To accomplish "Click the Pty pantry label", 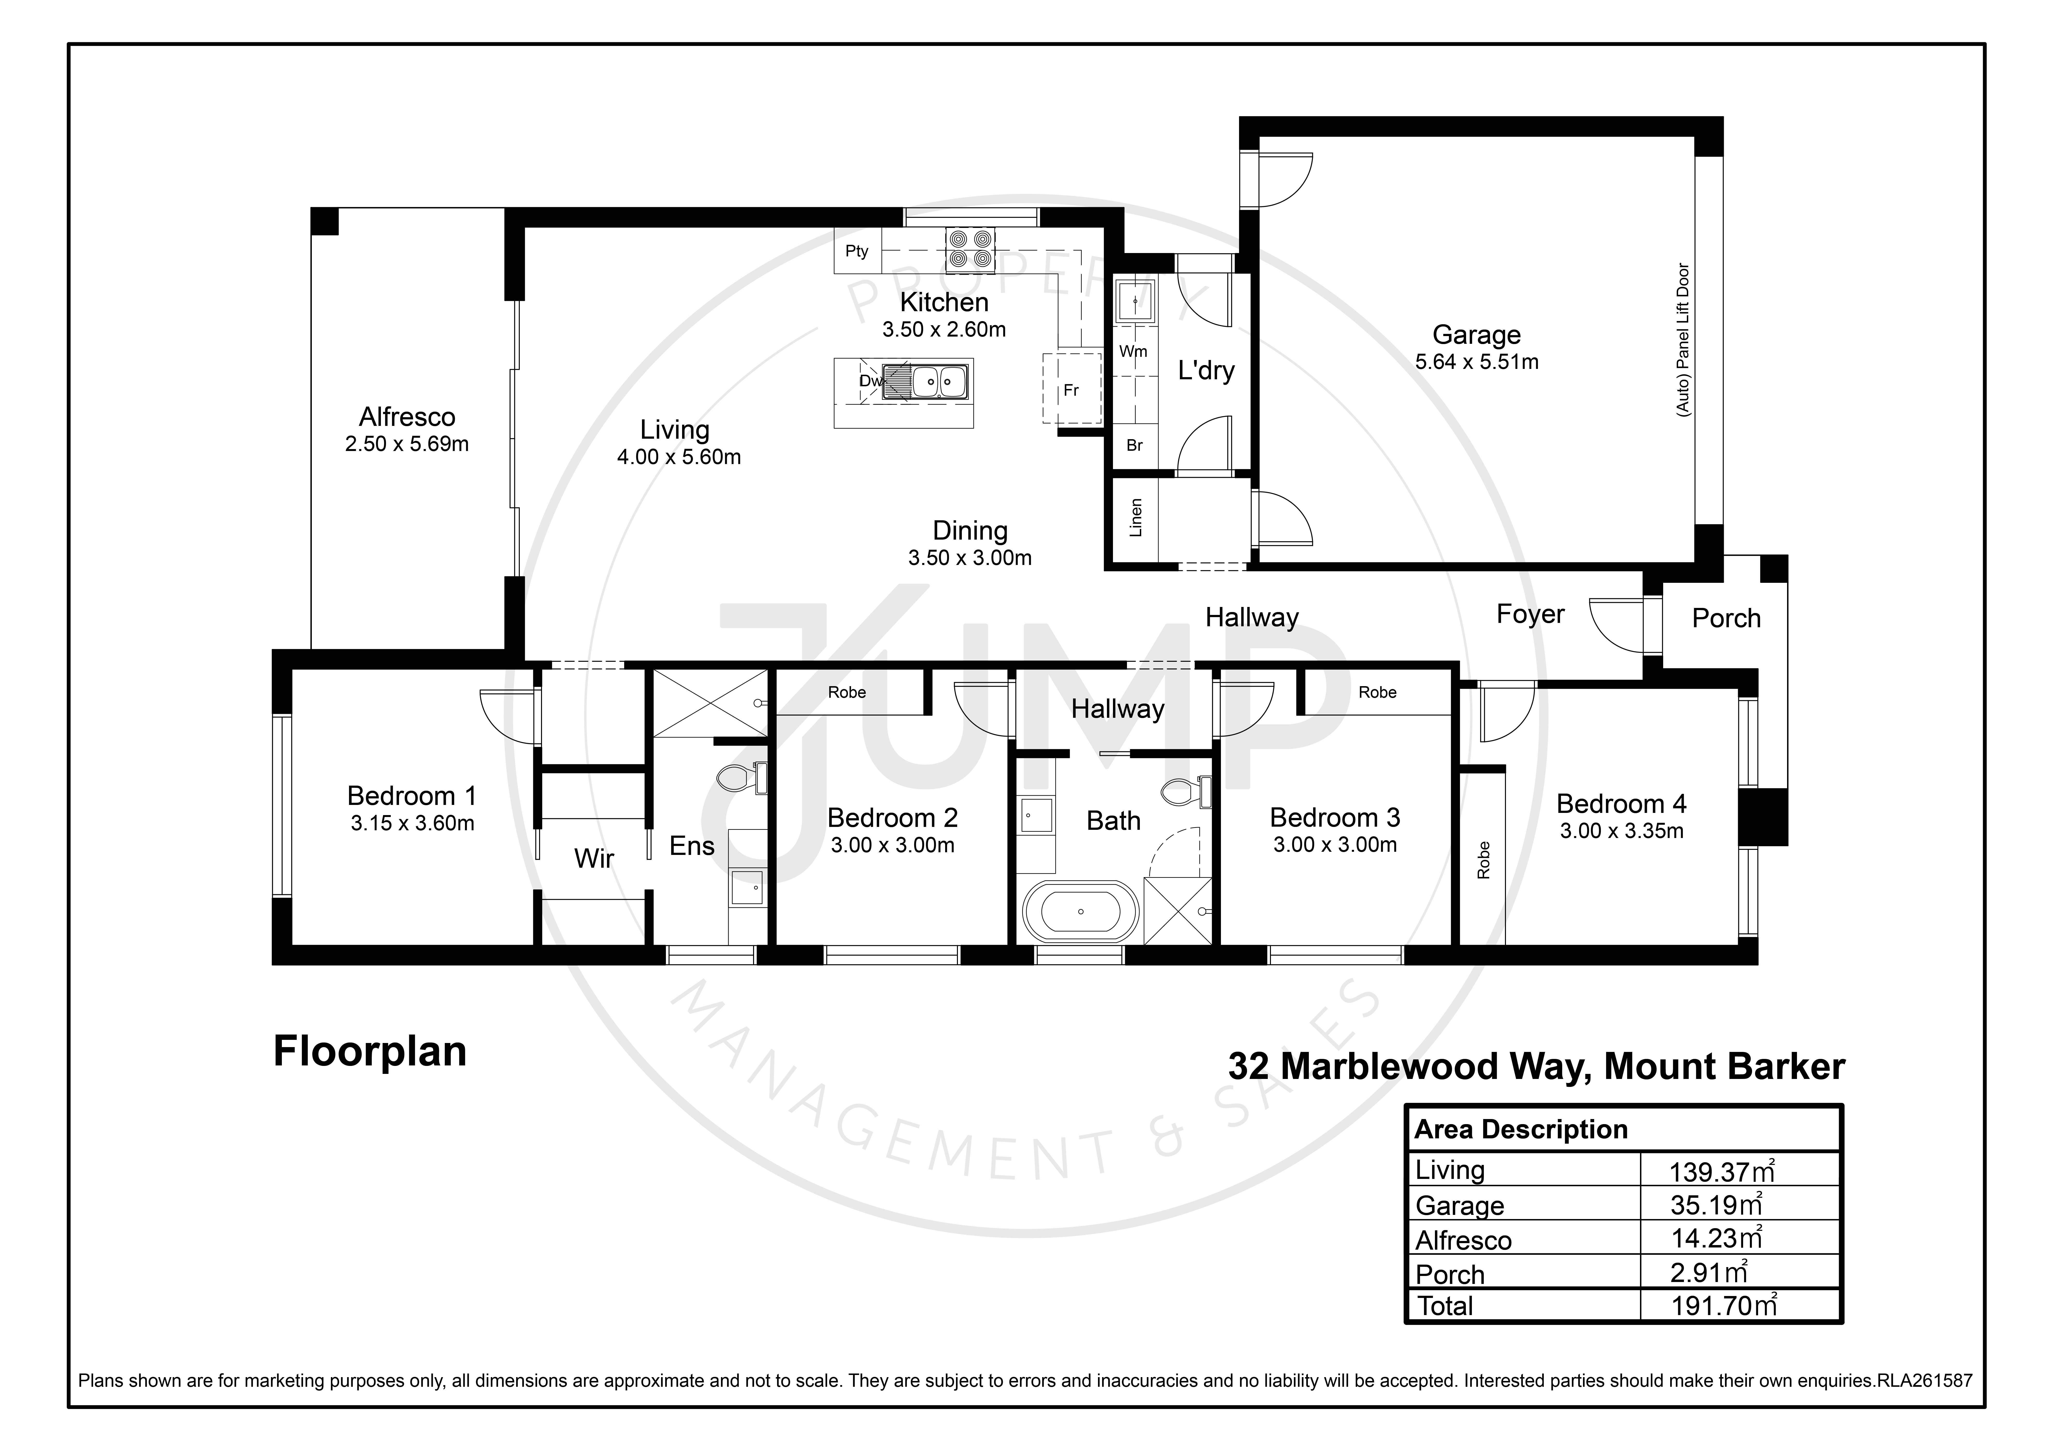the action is point(857,251).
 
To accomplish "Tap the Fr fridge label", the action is point(1071,391).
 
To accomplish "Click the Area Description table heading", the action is point(1521,1130).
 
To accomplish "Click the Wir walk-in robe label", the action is point(594,859).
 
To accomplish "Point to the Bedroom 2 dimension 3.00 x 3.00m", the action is point(892,845).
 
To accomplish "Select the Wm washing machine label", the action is point(1133,351).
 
